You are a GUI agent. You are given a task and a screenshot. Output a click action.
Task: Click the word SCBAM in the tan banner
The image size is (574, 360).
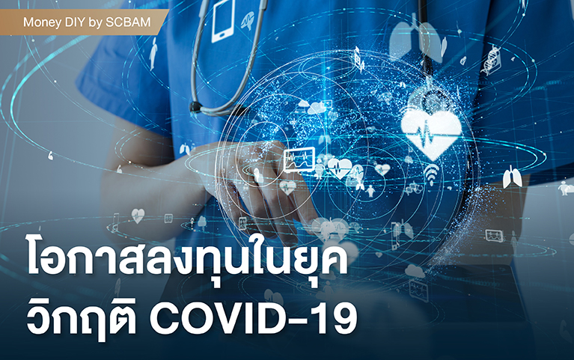point(128,22)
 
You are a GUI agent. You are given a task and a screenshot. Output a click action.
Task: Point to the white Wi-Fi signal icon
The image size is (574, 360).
point(431,174)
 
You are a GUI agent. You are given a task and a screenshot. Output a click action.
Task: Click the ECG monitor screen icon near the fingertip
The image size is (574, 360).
point(299,159)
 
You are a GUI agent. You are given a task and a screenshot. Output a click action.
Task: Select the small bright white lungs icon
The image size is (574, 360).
point(512,177)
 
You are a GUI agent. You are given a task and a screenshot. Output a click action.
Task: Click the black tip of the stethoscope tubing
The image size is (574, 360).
point(196,106)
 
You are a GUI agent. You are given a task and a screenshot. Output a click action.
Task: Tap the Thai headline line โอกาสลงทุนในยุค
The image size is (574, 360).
point(187,257)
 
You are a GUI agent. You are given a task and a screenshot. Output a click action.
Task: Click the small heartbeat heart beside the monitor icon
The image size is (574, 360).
point(339,168)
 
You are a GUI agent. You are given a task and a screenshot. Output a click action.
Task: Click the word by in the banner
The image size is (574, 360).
point(96,23)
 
